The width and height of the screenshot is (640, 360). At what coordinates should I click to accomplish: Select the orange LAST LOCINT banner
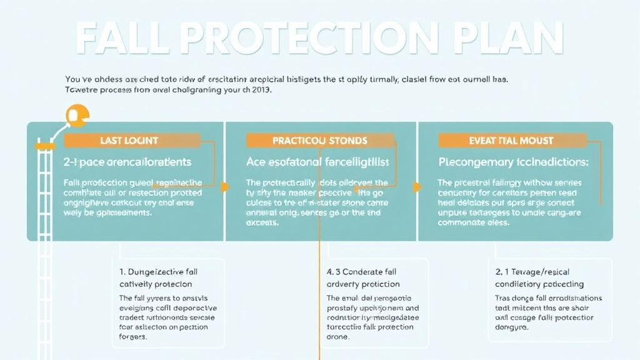[x=129, y=141]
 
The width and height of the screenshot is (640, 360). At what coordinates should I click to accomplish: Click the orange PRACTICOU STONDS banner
[x=319, y=141]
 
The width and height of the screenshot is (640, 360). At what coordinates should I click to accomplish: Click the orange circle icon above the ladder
[x=78, y=116]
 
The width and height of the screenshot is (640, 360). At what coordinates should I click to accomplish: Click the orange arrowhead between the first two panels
[x=225, y=186]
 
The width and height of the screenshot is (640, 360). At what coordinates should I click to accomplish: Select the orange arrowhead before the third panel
[x=417, y=186]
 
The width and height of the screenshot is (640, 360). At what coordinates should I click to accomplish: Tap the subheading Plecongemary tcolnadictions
[x=513, y=162]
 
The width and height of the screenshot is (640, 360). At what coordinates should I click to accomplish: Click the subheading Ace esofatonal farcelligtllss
[x=318, y=162]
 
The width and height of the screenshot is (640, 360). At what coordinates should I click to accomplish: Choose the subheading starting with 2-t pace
[x=127, y=162]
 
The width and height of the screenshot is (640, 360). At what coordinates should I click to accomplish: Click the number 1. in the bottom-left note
[x=122, y=272]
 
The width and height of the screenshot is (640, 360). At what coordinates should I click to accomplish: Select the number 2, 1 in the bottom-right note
[x=502, y=272]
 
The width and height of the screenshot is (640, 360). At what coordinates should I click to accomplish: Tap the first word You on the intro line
[x=72, y=79]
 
